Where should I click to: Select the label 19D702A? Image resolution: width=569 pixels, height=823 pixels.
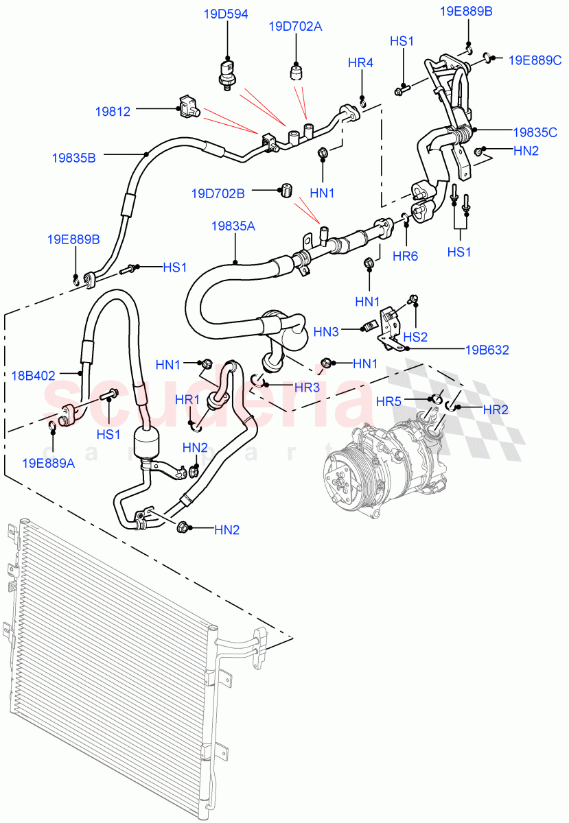click(x=295, y=27)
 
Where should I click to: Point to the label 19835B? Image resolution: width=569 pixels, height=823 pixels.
click(x=73, y=157)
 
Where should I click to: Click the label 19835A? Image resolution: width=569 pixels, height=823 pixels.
click(x=235, y=226)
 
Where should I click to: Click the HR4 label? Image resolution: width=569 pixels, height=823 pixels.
click(x=360, y=63)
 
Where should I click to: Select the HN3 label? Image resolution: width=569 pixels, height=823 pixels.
click(x=326, y=331)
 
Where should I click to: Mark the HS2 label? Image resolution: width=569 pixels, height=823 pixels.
click(x=416, y=337)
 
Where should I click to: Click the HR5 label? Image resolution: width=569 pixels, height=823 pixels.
click(x=389, y=400)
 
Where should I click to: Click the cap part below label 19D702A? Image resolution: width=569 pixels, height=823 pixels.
click(x=297, y=71)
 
